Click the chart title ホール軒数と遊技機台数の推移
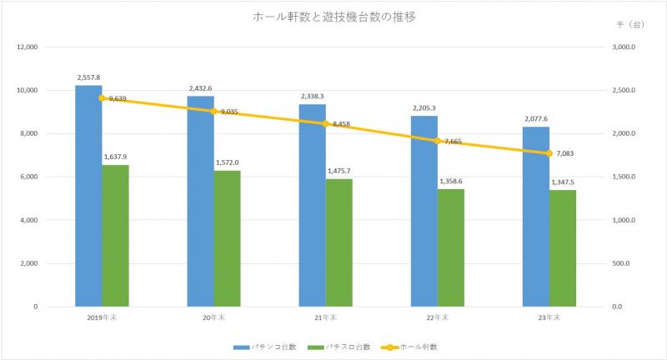333,17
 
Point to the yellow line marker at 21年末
325,123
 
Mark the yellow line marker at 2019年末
102,98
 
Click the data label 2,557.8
88,77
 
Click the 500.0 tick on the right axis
623,263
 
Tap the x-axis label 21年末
325,317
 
